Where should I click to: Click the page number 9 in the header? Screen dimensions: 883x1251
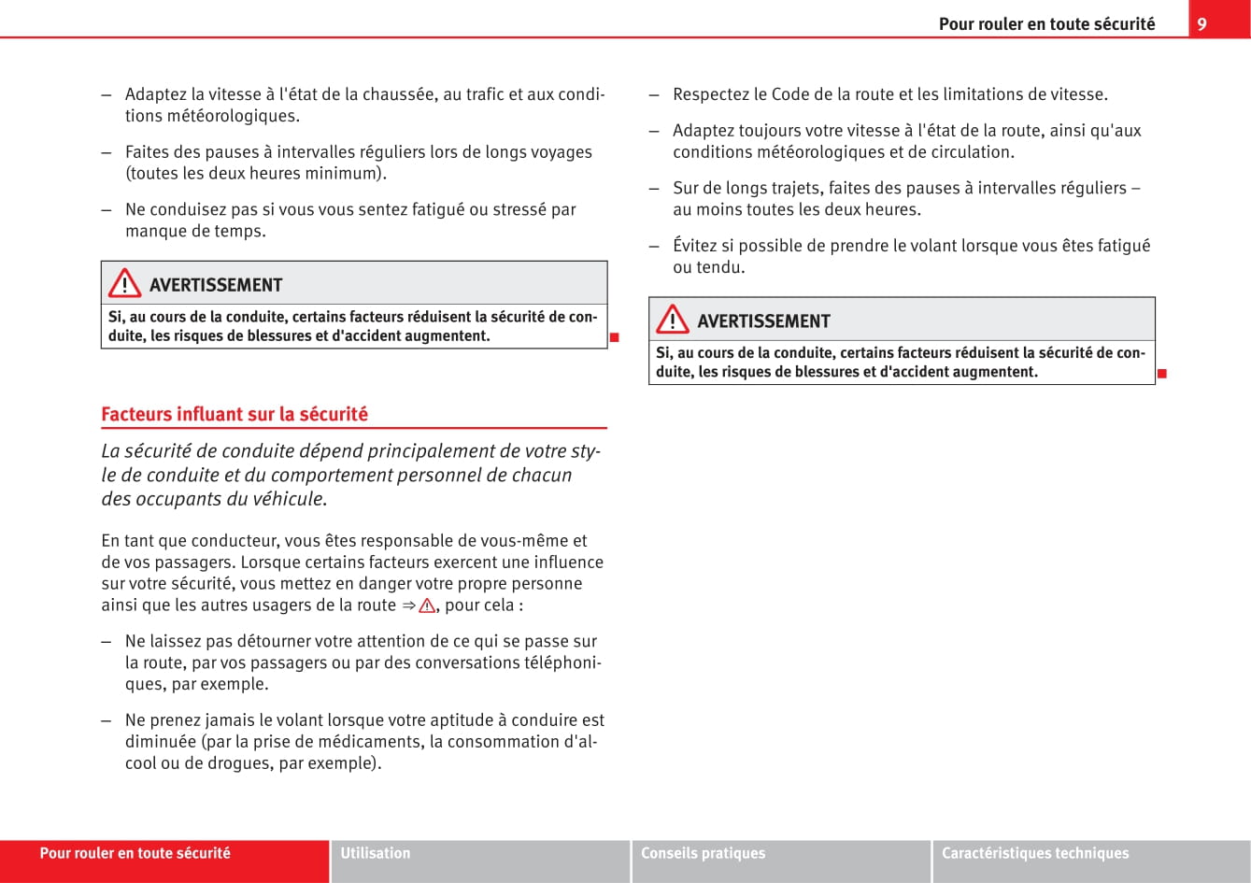click(x=1201, y=24)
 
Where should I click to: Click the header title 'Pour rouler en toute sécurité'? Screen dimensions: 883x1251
click(x=1046, y=24)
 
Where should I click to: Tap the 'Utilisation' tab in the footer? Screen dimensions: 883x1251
click(x=376, y=853)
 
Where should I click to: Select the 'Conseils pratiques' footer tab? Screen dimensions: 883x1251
click(x=703, y=853)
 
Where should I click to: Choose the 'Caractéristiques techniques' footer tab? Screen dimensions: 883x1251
click(x=1034, y=853)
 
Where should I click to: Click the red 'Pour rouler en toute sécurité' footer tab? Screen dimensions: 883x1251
click(x=135, y=853)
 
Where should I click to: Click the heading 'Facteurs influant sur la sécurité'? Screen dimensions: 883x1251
click(x=235, y=414)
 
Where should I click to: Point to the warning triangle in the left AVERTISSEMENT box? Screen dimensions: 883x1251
click(x=124, y=284)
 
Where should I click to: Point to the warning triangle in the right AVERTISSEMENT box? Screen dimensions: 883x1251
click(x=672, y=320)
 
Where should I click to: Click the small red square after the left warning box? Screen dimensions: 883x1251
click(x=614, y=336)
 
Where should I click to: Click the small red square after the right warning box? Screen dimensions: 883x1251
click(x=1161, y=374)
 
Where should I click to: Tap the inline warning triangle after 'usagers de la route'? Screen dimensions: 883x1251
click(x=427, y=605)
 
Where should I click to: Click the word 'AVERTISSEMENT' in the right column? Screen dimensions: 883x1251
click(x=763, y=321)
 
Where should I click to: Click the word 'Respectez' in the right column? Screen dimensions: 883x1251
click(x=711, y=94)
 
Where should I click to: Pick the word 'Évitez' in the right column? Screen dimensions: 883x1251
click(x=694, y=246)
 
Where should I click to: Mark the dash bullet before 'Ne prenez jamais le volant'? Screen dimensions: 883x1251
click(x=107, y=720)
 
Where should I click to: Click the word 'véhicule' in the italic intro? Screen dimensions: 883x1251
click(x=287, y=499)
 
